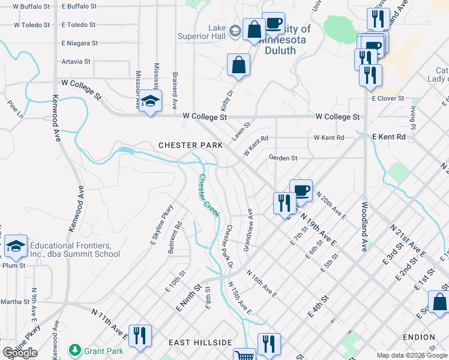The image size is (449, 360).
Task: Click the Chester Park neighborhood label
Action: click(190, 145)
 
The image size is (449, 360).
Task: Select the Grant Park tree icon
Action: click(75, 349)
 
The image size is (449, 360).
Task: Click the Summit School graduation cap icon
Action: click(16, 246)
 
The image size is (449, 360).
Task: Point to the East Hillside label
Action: click(200, 342)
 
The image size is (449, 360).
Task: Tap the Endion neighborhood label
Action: click(418, 337)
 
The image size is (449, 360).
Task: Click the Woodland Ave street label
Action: click(364, 226)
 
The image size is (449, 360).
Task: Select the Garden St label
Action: click(283, 158)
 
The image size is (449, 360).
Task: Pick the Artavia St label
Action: click(76, 61)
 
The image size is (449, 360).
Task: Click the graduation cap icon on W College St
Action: click(151, 101)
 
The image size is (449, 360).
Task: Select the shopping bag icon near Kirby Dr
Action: click(238, 65)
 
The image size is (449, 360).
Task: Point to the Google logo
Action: click(20, 353)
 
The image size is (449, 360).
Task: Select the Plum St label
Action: click(13, 265)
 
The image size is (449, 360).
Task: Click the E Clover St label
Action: click(388, 98)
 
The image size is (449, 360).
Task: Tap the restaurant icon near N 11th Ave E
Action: click(140, 336)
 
